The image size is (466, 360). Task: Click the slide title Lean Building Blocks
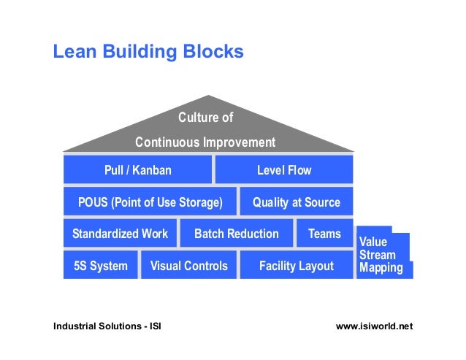(x=148, y=53)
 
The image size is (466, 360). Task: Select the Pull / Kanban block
(x=138, y=170)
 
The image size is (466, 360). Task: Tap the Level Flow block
(x=283, y=170)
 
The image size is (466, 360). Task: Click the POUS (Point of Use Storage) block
(x=150, y=202)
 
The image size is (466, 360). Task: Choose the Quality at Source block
(x=296, y=202)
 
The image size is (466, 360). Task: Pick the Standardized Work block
(x=120, y=234)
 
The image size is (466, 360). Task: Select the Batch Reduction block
(x=236, y=234)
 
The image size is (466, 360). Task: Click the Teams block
(x=324, y=234)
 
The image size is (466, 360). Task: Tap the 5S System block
(x=101, y=266)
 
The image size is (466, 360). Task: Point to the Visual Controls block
(x=188, y=266)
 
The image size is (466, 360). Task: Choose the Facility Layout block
(x=296, y=266)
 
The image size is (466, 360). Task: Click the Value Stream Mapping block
(x=381, y=255)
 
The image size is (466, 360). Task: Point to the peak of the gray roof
(x=209, y=97)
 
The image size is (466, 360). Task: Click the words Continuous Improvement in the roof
(x=205, y=142)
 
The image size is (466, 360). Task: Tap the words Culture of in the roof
(x=205, y=118)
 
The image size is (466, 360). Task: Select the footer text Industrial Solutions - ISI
(x=107, y=326)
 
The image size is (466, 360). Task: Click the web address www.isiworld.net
(x=374, y=326)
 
